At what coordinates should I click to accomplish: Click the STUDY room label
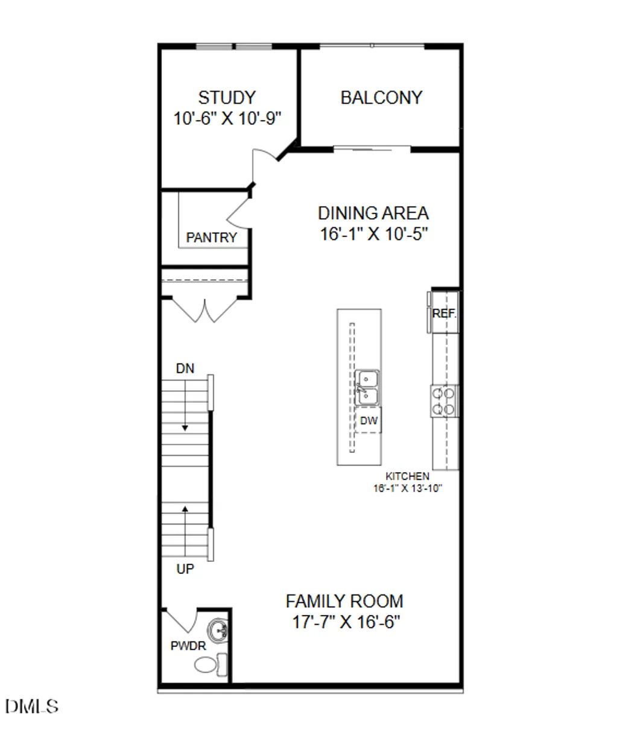pyautogui.click(x=227, y=97)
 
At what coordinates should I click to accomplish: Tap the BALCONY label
pyautogui.click(x=381, y=98)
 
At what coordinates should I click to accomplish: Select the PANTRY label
pyautogui.click(x=211, y=238)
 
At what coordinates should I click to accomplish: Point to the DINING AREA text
pyautogui.click(x=373, y=213)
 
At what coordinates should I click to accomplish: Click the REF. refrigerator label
pyautogui.click(x=445, y=314)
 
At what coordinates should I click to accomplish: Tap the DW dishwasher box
pyautogui.click(x=369, y=421)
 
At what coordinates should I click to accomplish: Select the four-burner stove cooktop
pyautogui.click(x=443, y=401)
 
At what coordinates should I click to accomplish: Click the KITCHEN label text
pyautogui.click(x=408, y=476)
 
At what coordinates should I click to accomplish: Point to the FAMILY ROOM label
pyautogui.click(x=344, y=601)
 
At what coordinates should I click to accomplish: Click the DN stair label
pyautogui.click(x=185, y=368)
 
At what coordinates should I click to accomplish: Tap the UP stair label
pyautogui.click(x=185, y=569)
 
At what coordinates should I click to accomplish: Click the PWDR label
pyautogui.click(x=188, y=646)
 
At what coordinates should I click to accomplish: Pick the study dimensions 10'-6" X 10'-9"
pyautogui.click(x=228, y=118)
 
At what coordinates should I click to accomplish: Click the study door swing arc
pyautogui.click(x=263, y=163)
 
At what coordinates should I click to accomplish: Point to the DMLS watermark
pyautogui.click(x=32, y=706)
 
